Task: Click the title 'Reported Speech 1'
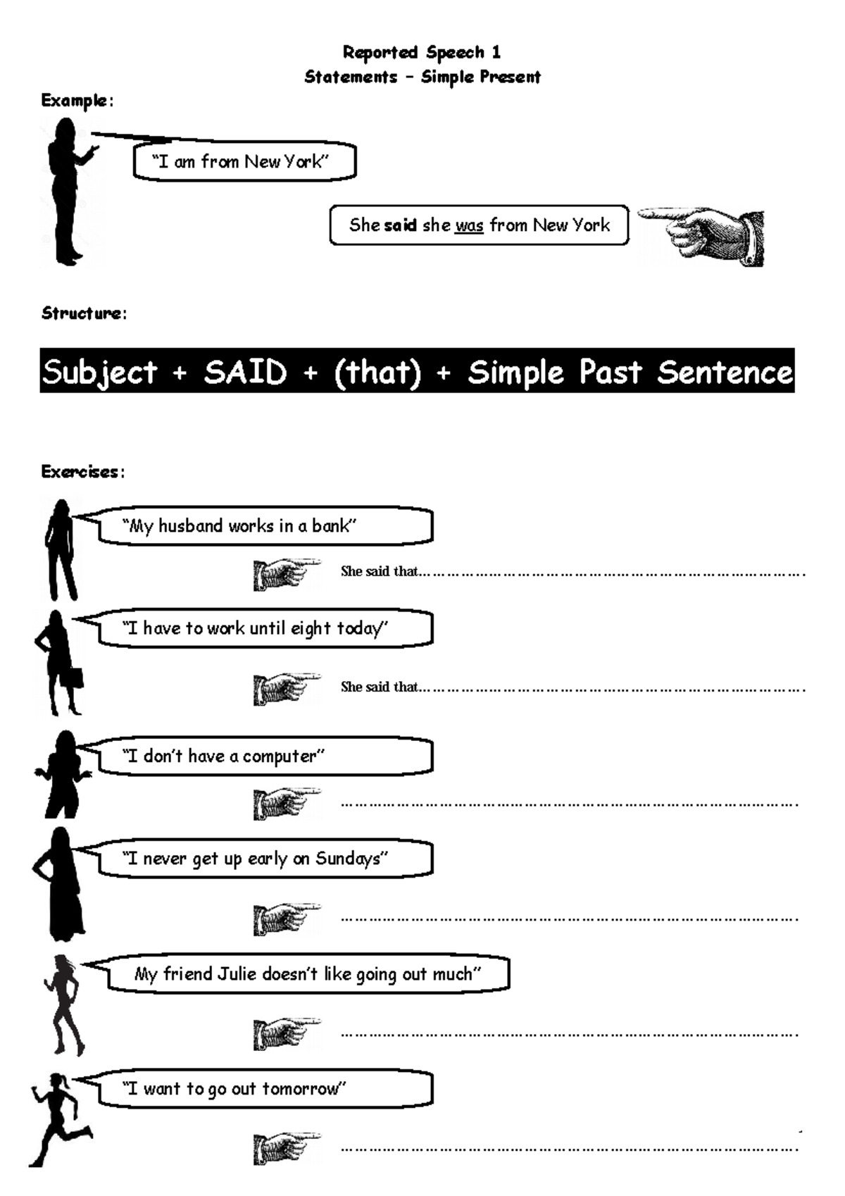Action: [x=421, y=52]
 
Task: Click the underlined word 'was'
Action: [x=469, y=225]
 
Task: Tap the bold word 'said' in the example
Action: [x=400, y=225]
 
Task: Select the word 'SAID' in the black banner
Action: [x=246, y=372]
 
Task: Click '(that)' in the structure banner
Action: [x=377, y=372]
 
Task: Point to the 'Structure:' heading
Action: [x=84, y=313]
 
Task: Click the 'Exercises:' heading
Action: [x=82, y=471]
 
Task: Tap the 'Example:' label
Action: [x=77, y=101]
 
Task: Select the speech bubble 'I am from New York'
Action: [x=244, y=162]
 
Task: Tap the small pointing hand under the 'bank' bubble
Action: [x=285, y=574]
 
